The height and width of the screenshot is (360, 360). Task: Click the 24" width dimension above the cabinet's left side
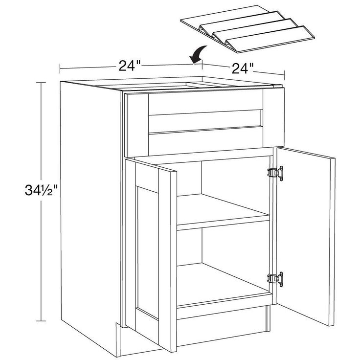click(129, 66)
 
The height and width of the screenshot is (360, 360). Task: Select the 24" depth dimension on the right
click(243, 68)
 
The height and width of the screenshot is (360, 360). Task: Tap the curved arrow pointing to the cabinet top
click(198, 54)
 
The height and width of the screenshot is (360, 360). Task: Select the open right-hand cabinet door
click(305, 236)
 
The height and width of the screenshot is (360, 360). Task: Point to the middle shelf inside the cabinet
click(223, 212)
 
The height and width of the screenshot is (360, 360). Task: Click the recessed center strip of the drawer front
click(205, 121)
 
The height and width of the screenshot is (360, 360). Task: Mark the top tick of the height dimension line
click(41, 83)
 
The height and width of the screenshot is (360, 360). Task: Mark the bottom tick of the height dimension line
click(41, 321)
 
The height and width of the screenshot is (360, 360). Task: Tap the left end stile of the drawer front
click(138, 124)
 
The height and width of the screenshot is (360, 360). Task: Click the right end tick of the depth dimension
click(285, 75)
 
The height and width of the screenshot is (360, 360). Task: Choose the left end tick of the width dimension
click(60, 68)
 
